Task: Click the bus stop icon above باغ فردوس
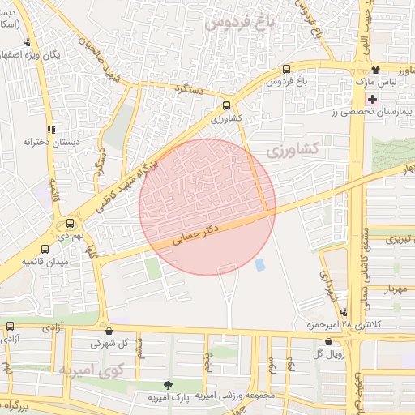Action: coord(287,71)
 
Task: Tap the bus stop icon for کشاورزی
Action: coord(227,105)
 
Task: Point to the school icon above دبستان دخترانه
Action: coord(52,129)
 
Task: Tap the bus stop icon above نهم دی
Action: coord(70,223)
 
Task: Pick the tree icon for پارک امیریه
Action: coord(169,385)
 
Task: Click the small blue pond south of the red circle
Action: coord(259,265)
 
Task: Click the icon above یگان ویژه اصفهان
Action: coord(28,43)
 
